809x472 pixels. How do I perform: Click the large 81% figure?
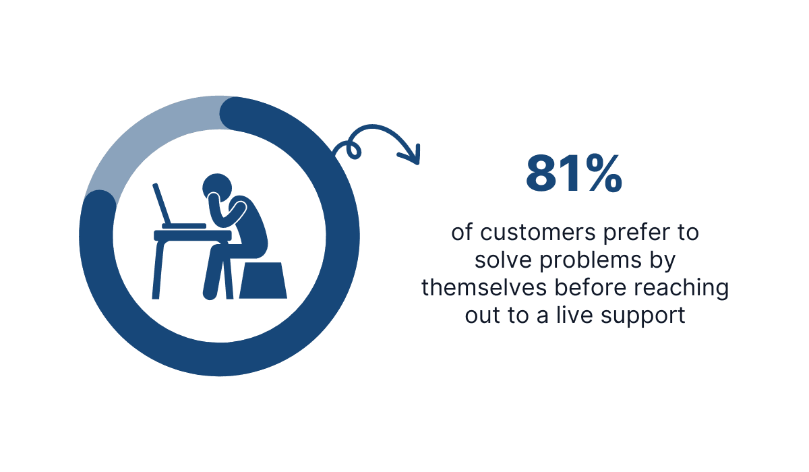pyautogui.click(x=574, y=174)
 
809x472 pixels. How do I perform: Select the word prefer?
pyautogui.click(x=630, y=233)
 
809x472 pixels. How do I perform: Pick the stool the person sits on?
pyautogui.click(x=263, y=280)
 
